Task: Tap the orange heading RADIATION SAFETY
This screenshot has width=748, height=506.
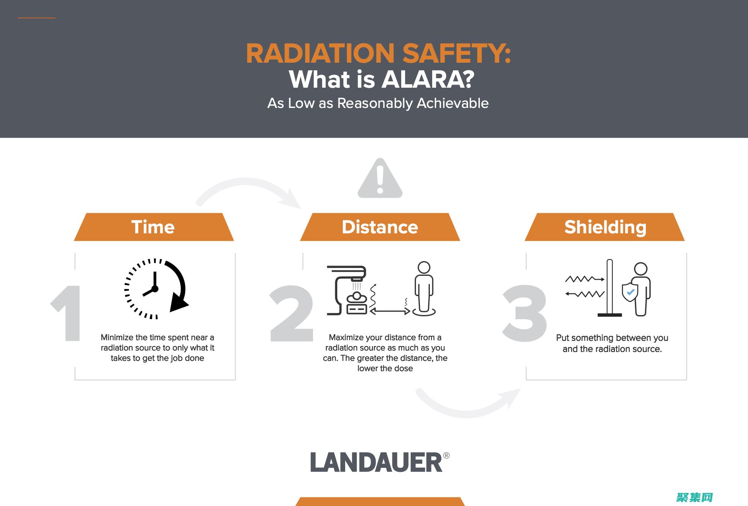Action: click(379, 53)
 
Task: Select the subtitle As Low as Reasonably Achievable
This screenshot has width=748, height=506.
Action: click(378, 103)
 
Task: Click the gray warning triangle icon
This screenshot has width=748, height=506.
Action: click(380, 179)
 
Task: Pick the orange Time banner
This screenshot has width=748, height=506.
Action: click(154, 227)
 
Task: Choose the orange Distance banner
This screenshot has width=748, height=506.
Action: click(380, 227)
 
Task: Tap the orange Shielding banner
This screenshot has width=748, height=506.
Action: click(605, 227)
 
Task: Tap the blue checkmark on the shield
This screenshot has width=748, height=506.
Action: click(630, 292)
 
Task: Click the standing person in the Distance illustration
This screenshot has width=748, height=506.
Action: click(424, 289)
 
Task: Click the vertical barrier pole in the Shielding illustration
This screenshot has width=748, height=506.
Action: click(610, 288)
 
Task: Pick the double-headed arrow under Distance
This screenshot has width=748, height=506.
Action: click(390, 312)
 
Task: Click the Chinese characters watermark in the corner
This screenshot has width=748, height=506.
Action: click(695, 497)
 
